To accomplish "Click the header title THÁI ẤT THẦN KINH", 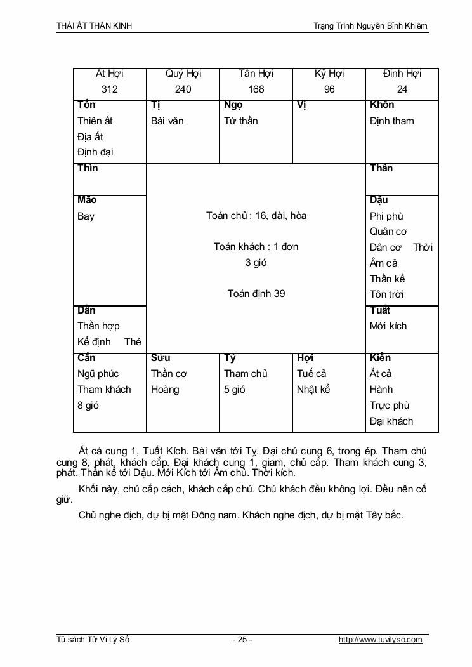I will pos(95,26).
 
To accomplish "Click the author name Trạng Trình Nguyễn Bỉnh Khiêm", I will pos(370,26).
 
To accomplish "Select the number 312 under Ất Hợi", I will pos(110,89).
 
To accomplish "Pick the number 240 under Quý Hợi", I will pos(183,89).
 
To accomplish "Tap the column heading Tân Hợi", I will pos(256,74).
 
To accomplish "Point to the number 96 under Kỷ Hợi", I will pos(329,89).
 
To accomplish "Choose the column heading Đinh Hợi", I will pos(402,74).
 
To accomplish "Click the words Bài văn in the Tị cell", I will pos(167,121).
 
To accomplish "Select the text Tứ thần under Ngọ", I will pos(241,121).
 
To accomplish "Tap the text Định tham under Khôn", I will pos(391,121).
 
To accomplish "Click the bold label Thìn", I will pos(88,168).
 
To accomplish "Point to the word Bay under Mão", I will pos(86,216).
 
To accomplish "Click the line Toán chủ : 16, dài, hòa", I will pos(256,216).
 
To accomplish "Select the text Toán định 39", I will pos(256,294).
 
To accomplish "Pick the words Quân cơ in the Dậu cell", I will pos(388,232).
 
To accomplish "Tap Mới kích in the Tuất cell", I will pos(388,326).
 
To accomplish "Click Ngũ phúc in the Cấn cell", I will pos(98,374).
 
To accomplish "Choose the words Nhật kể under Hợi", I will pos(313,390).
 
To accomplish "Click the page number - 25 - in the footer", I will pos(242,640).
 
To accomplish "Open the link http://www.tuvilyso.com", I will pos(381,640).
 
